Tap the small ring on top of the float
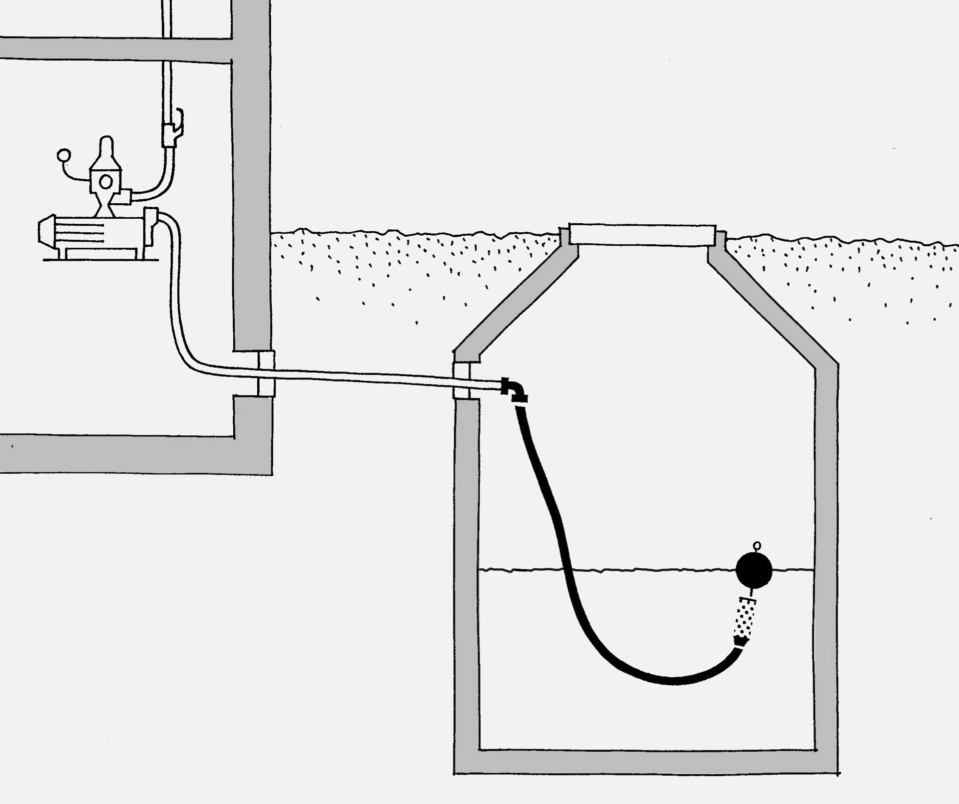click(757, 545)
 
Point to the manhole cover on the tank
click(643, 234)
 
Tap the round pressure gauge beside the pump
click(63, 155)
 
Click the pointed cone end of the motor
click(46, 233)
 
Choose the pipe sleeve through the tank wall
click(462, 381)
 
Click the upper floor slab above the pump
click(115, 48)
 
